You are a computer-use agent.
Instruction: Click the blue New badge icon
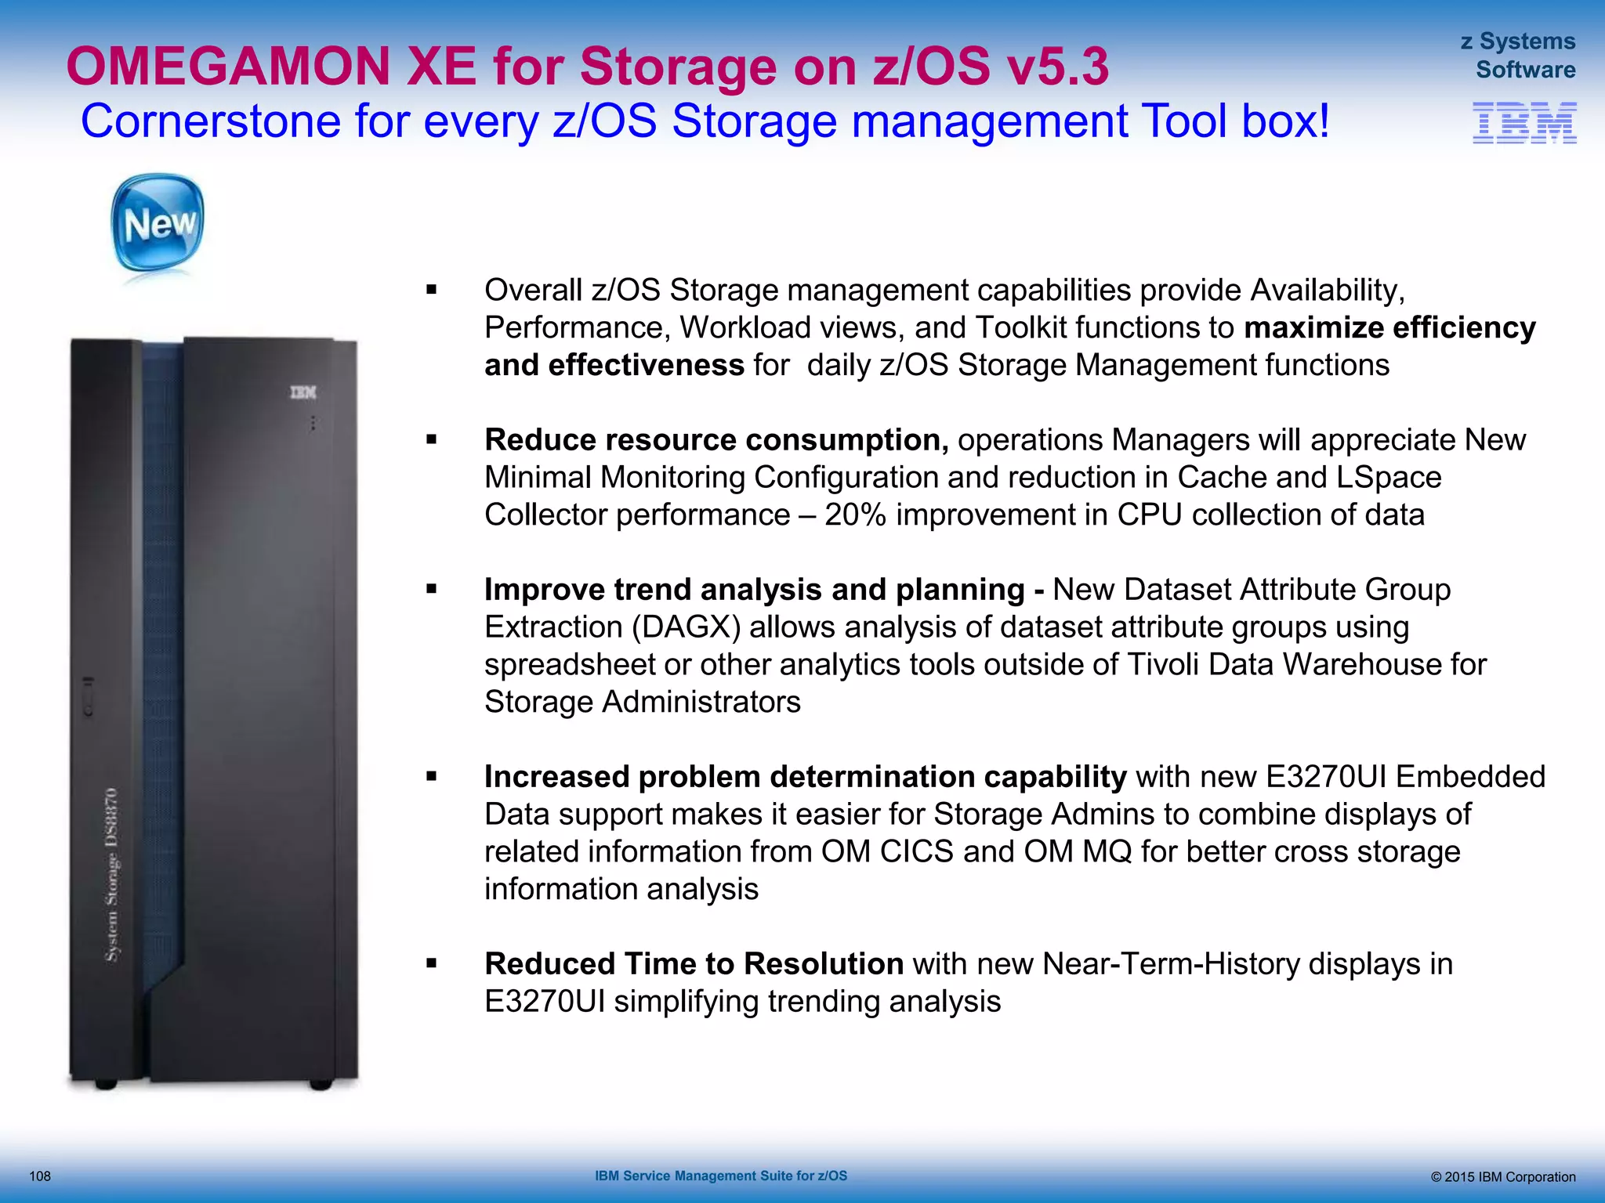(x=158, y=223)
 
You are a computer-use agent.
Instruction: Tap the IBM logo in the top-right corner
(x=1524, y=123)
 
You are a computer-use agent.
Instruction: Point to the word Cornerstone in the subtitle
(x=210, y=121)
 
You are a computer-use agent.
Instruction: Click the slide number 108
(x=40, y=1176)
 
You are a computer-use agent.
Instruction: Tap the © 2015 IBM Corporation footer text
(x=1502, y=1176)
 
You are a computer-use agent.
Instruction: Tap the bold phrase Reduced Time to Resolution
(x=694, y=964)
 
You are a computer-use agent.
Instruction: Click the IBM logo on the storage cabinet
(x=303, y=392)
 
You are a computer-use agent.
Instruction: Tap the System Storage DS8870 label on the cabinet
(x=114, y=873)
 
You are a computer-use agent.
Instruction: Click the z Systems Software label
(x=1519, y=56)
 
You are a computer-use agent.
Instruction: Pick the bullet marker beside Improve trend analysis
(x=431, y=589)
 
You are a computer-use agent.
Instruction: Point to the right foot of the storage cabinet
(x=321, y=1085)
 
